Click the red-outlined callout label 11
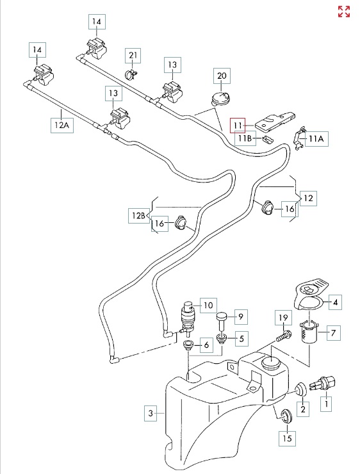[238, 125]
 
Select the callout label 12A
[62, 124]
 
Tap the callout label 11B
[245, 138]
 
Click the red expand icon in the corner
[344, 12]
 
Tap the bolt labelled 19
[284, 336]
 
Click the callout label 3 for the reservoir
[151, 413]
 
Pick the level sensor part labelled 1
[323, 383]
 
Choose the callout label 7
[333, 333]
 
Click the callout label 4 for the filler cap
[335, 302]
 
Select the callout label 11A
[316, 139]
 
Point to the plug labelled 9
[222, 320]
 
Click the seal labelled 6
[188, 345]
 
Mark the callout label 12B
[139, 216]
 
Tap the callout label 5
[241, 339]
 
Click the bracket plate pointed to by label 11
[275, 122]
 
